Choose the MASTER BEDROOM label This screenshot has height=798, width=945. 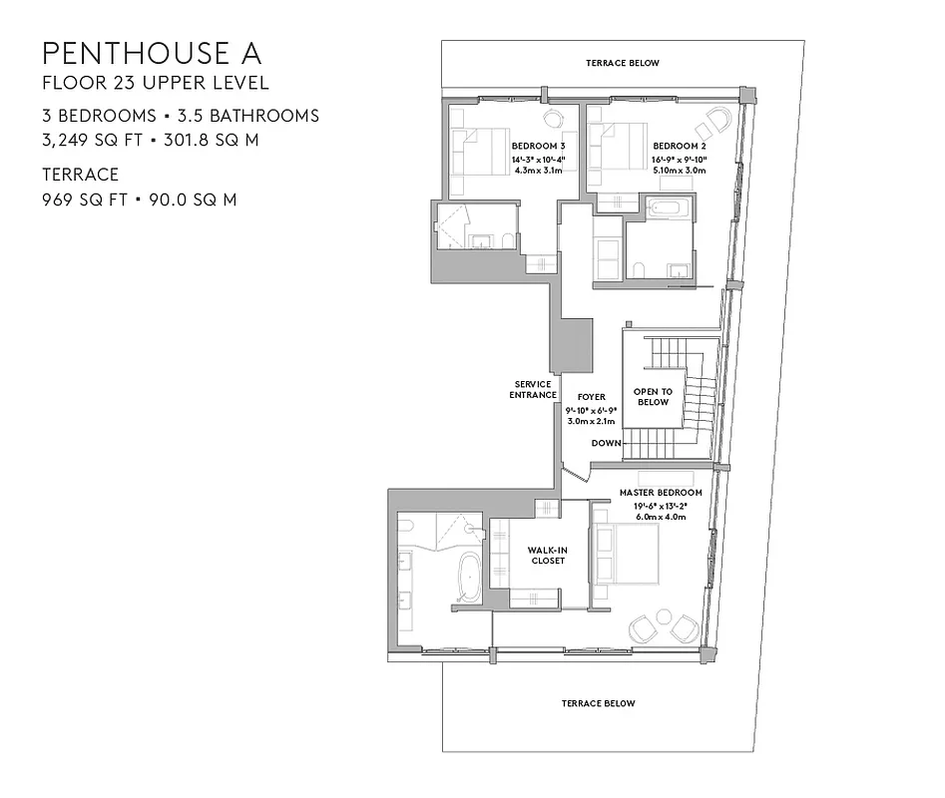(661, 493)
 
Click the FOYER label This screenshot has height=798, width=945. (592, 397)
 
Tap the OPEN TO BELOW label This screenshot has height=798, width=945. (653, 397)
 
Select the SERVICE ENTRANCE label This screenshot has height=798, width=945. (534, 389)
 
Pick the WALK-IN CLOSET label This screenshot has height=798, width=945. (547, 555)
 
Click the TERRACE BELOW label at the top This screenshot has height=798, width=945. (623, 63)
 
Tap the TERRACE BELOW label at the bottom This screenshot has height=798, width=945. (598, 703)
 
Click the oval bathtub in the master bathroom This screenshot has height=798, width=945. (469, 578)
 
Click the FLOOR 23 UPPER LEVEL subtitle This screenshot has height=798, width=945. (155, 84)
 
